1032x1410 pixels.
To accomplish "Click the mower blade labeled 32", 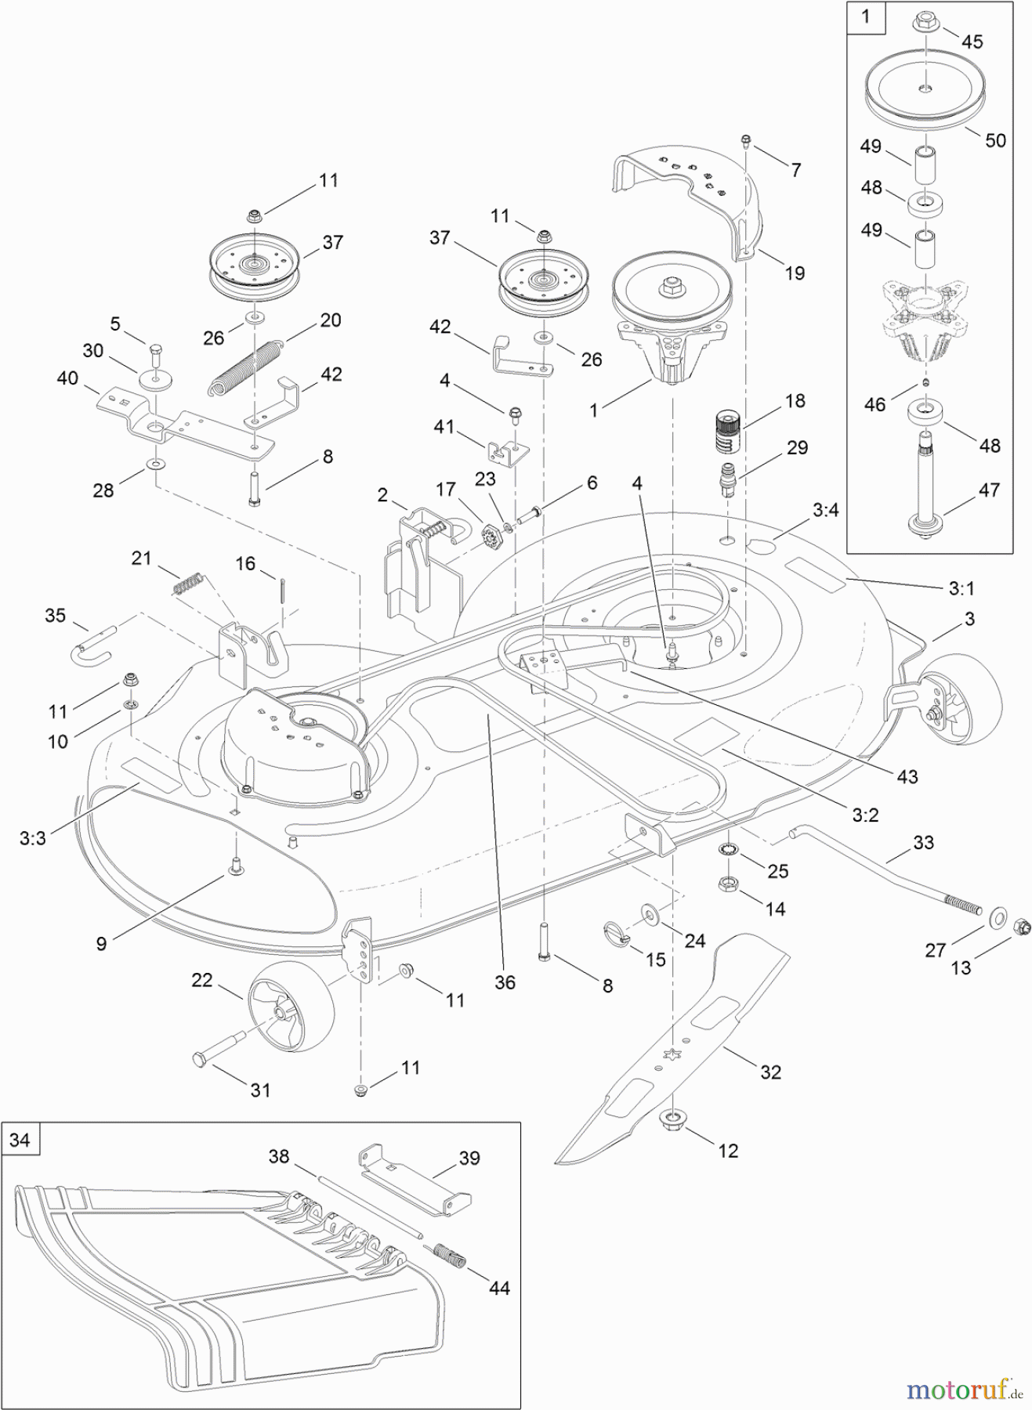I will pyautogui.click(x=674, y=1042).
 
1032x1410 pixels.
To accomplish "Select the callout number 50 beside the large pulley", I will pyautogui.click(x=994, y=140).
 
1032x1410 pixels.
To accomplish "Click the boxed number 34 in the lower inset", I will pyautogui.click(x=20, y=1140).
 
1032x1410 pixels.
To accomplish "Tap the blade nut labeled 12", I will pyautogui.click(x=672, y=1121).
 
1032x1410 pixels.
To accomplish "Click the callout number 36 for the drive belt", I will pyautogui.click(x=505, y=982).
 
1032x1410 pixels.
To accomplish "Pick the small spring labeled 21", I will pyautogui.click(x=189, y=584).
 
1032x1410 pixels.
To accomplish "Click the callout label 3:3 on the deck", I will pyautogui.click(x=33, y=838).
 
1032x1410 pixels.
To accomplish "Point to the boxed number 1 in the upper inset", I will pyautogui.click(x=866, y=17).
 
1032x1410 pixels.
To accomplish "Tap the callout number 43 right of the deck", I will pyautogui.click(x=907, y=776).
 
